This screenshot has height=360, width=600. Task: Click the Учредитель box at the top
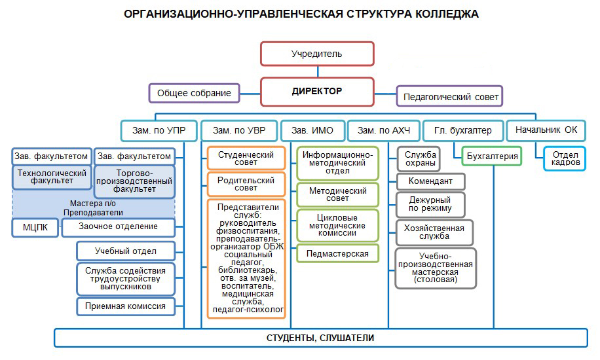pyautogui.click(x=317, y=54)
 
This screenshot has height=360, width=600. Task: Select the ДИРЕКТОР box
pyautogui.click(x=317, y=92)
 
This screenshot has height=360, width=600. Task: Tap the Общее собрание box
pyautogui.click(x=194, y=93)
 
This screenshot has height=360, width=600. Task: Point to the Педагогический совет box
pyautogui.click(x=450, y=97)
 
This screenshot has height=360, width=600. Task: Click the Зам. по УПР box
pyautogui.click(x=159, y=130)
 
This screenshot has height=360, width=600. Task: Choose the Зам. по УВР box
pyautogui.click(x=238, y=130)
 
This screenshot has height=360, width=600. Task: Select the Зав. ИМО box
pyautogui.click(x=312, y=130)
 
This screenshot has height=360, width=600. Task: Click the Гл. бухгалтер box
pyautogui.click(x=462, y=130)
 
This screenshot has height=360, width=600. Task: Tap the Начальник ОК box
pyautogui.click(x=546, y=130)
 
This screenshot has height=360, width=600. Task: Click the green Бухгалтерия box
pyautogui.click(x=493, y=156)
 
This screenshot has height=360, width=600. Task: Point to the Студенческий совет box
pyautogui.click(x=246, y=158)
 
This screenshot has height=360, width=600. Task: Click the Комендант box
pyautogui.click(x=430, y=181)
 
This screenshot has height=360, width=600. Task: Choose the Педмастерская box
pyautogui.click(x=337, y=253)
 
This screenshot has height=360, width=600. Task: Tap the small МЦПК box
pyautogui.click(x=35, y=226)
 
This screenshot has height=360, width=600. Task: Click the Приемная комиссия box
pyautogui.click(x=126, y=306)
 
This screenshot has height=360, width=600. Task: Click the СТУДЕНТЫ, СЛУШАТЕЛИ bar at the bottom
pyautogui.click(x=320, y=338)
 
